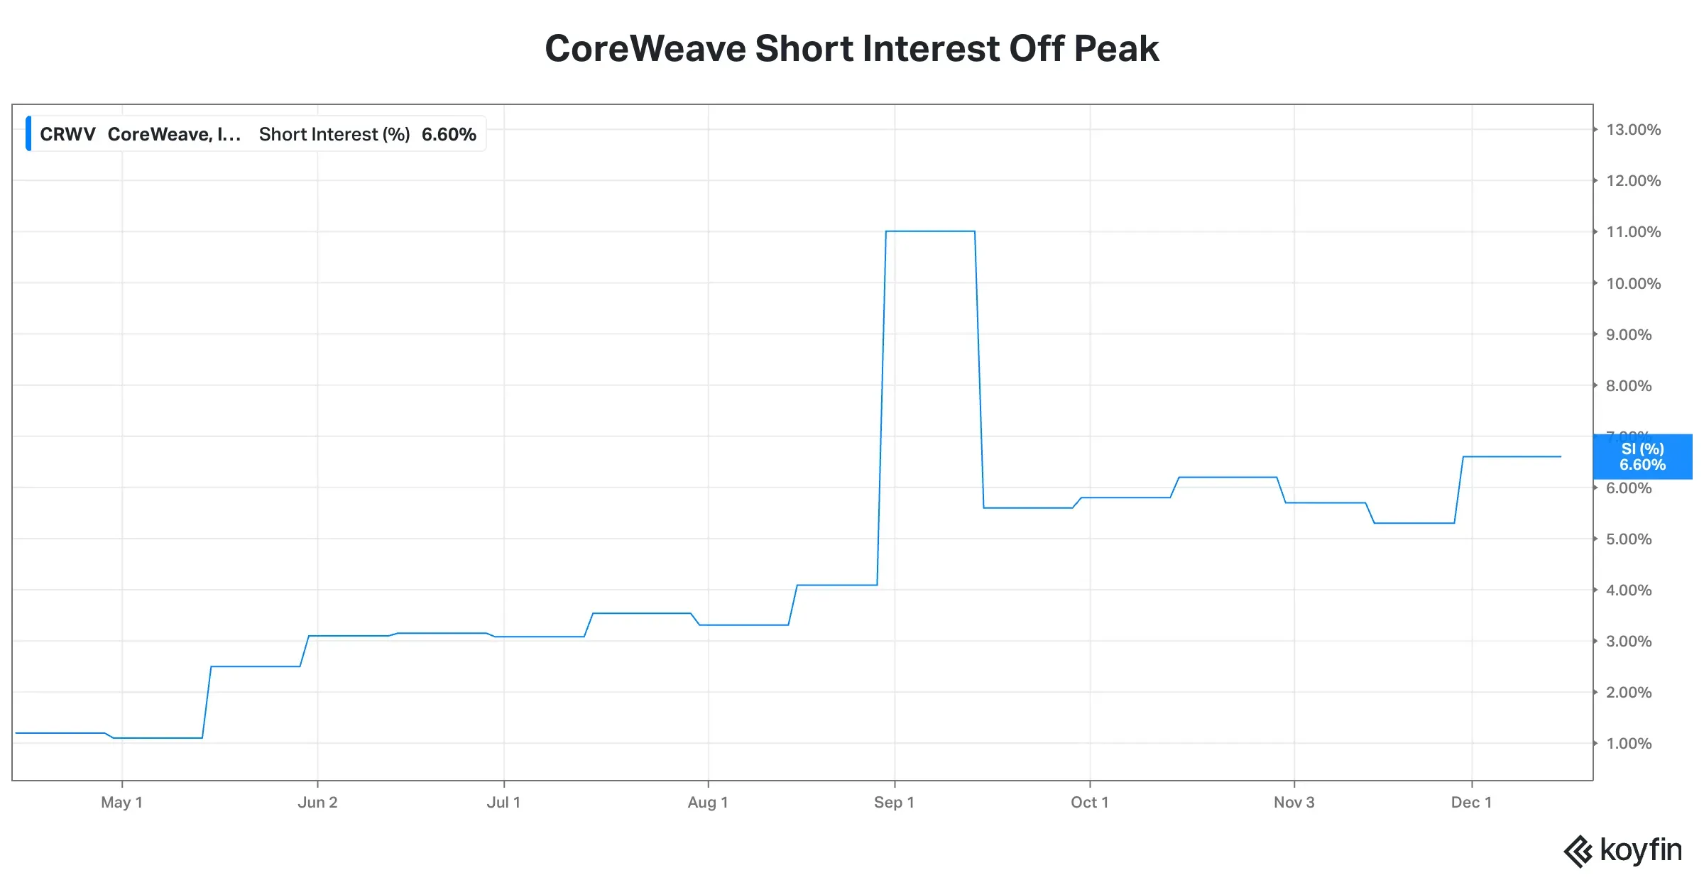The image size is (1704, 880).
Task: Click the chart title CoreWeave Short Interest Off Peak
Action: click(x=851, y=49)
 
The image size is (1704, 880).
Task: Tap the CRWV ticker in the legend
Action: click(x=67, y=134)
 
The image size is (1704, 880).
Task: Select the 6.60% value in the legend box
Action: click(x=449, y=134)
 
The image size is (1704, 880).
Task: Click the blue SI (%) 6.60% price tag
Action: click(x=1642, y=457)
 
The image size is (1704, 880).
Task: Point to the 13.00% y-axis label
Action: click(x=1633, y=130)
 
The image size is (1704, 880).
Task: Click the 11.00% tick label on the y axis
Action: click(x=1633, y=232)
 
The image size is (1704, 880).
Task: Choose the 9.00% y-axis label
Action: click(x=1629, y=335)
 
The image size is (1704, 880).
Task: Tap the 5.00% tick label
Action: click(x=1629, y=539)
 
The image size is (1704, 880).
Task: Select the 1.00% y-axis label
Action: click(x=1629, y=744)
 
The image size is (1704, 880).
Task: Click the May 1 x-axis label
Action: click(x=121, y=803)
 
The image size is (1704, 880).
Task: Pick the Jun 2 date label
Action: click(x=317, y=803)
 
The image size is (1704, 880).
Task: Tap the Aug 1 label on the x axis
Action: click(x=708, y=803)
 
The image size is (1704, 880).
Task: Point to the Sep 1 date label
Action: click(x=894, y=803)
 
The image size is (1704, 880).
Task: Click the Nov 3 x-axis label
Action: click(x=1294, y=803)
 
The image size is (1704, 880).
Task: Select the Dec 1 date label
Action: click(x=1471, y=803)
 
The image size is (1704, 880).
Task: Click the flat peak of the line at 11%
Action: click(x=930, y=231)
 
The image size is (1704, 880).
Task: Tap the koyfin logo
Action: click(x=1623, y=850)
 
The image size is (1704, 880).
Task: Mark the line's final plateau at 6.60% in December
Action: click(x=1512, y=456)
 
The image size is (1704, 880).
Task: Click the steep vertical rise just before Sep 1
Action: click(x=882, y=408)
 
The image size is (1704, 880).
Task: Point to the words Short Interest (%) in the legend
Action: click(x=334, y=134)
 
